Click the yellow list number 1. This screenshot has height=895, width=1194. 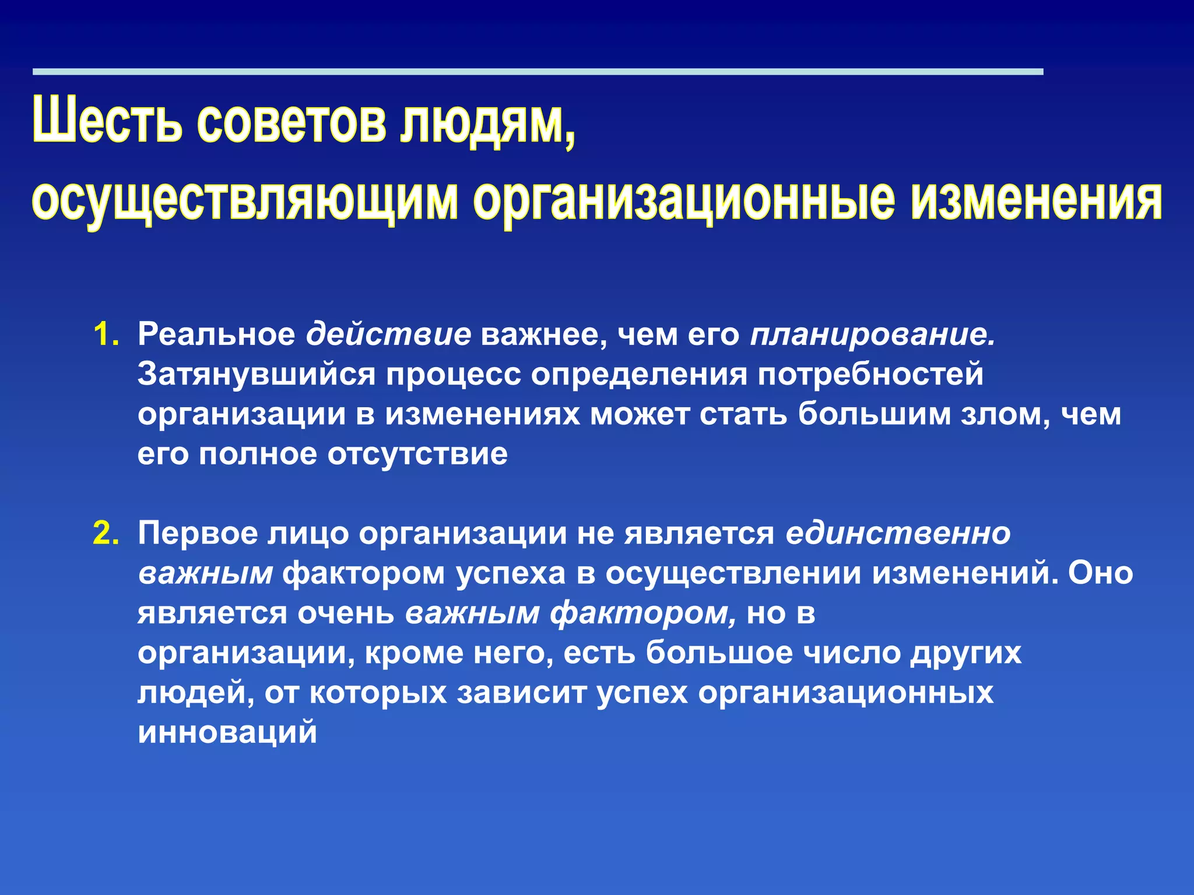106,335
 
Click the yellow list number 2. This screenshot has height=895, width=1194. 106,534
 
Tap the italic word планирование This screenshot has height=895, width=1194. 872,335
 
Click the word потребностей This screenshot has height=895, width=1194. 870,375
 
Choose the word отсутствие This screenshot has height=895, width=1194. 417,454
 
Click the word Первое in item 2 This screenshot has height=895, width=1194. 198,534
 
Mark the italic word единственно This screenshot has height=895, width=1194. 898,534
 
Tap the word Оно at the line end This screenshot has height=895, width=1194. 1101,573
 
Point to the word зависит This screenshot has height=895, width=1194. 522,693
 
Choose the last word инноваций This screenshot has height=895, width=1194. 227,732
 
